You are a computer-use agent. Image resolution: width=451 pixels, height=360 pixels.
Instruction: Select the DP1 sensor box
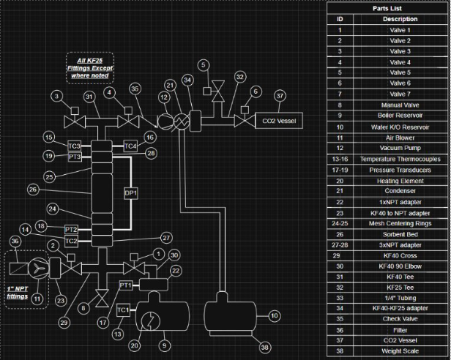click(x=132, y=193)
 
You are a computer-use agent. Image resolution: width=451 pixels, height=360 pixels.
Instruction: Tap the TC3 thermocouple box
click(x=74, y=146)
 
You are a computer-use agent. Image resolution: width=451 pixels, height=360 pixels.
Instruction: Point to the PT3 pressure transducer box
click(x=74, y=157)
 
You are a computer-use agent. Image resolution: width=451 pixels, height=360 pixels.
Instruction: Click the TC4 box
click(x=130, y=146)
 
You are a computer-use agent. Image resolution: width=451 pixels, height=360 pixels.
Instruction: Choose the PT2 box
click(x=72, y=230)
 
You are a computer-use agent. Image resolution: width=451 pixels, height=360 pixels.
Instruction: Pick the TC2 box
click(x=72, y=241)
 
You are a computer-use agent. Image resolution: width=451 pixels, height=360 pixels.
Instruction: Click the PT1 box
click(x=125, y=285)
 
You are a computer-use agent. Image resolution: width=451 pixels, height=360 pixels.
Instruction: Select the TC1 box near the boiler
click(x=124, y=310)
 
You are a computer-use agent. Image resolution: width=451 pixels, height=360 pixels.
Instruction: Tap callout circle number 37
click(x=280, y=95)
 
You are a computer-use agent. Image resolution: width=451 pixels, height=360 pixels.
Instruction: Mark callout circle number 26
click(x=32, y=190)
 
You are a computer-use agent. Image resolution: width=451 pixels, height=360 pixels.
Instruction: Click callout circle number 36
click(x=15, y=241)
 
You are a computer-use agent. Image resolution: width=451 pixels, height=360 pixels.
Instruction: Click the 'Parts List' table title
click(x=388, y=8)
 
